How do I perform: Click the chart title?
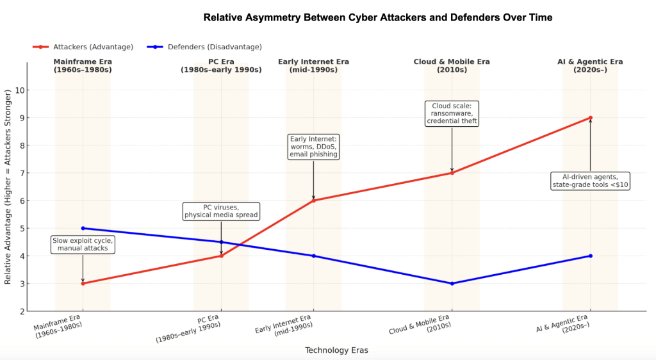tap(377, 17)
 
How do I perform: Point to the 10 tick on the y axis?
tap(19, 90)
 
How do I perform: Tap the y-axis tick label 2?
tap(21, 311)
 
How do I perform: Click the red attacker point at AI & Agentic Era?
tap(590, 118)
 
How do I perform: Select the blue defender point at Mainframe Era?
tap(83, 228)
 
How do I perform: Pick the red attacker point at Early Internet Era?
tap(313, 200)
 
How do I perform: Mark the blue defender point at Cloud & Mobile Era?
tap(452, 283)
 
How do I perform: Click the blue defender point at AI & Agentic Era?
tap(590, 256)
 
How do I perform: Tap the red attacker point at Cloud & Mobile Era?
tap(452, 173)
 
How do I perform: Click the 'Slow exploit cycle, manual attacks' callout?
tap(83, 244)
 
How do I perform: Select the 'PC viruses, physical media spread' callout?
tap(221, 211)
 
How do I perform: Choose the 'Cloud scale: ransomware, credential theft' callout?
tap(452, 113)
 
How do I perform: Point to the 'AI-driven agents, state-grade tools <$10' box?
tap(591, 181)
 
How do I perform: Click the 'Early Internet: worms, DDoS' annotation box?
tap(313, 146)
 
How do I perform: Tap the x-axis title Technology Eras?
tap(336, 350)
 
